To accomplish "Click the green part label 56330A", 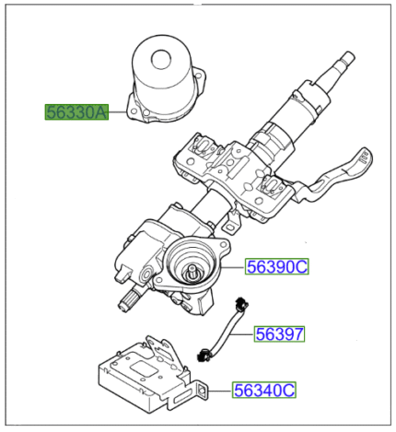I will pos(77,112).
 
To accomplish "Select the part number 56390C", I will pos(277,267).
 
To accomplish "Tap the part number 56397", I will pos(280,333).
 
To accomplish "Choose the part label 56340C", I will pos(263,391).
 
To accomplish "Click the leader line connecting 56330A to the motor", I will pos(120,113).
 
